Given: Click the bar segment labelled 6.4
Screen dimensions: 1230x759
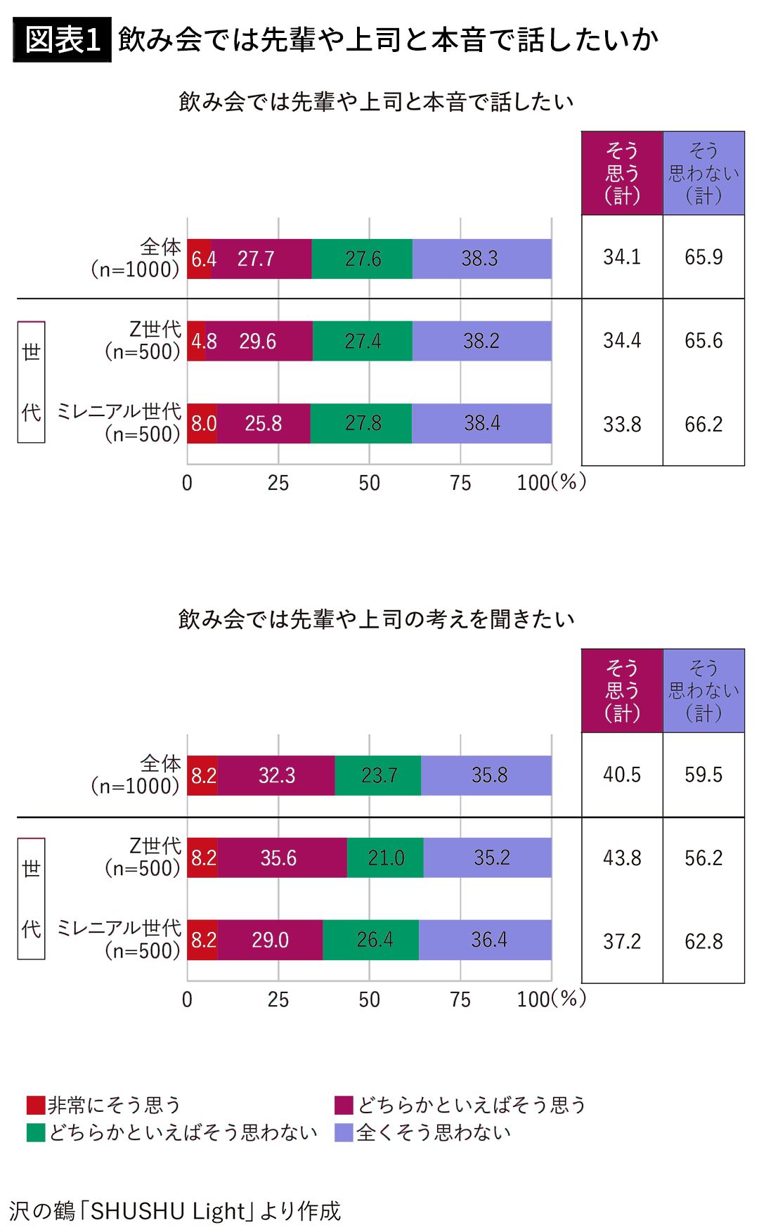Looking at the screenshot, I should [200, 259].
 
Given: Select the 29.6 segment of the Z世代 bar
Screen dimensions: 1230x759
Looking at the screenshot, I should [259, 341].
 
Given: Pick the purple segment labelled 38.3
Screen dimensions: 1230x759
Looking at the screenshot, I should [481, 259].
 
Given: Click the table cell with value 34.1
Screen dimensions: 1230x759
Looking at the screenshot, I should [622, 257].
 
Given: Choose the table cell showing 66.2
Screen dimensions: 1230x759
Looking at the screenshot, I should [703, 425].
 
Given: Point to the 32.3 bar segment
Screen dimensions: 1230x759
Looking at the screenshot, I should [276, 775].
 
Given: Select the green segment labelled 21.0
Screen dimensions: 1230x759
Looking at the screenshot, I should [385, 857].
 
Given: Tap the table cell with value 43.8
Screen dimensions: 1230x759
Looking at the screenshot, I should [622, 858].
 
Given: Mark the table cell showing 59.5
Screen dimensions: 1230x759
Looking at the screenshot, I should [703, 775].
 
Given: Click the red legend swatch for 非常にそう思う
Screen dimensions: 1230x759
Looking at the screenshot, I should [36, 1106].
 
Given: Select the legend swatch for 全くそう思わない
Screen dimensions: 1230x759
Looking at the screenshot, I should [344, 1132].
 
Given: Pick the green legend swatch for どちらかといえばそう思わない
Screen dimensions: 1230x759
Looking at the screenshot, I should [36, 1132].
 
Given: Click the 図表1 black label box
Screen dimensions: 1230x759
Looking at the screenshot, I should [63, 40].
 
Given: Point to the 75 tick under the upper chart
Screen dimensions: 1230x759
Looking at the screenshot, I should [460, 483].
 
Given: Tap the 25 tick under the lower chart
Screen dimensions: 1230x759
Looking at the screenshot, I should [278, 999].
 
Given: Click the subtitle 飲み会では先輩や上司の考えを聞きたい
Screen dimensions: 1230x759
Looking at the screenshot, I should [377, 619].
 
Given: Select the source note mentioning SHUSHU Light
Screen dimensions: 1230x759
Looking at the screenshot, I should [175, 1210].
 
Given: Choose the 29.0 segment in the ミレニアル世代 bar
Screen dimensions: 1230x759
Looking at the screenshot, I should [271, 940].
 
